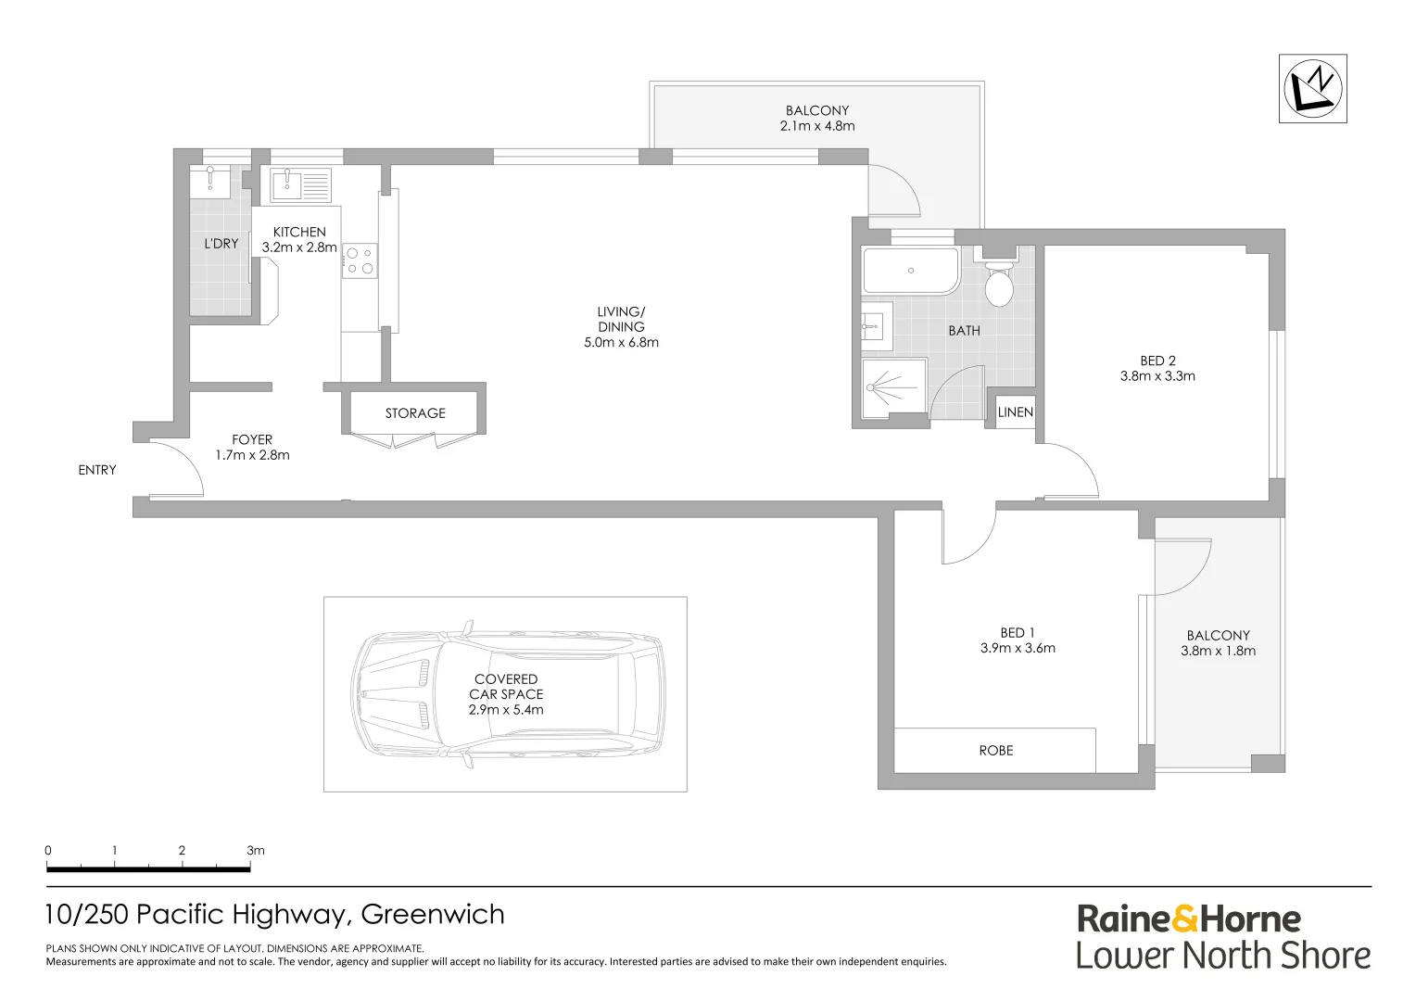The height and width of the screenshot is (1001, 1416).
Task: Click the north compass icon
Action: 1312,88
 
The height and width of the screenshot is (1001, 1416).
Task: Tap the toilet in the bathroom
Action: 998,285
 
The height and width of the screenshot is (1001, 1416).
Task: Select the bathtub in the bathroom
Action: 910,271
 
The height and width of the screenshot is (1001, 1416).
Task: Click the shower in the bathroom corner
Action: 893,388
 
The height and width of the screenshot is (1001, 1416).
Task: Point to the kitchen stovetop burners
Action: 360,260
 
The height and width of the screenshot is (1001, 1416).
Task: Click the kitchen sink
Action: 287,184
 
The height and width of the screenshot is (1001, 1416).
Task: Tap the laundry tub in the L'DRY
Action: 210,181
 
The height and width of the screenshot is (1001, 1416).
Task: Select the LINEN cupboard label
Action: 1015,412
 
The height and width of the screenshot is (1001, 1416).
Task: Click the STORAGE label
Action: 415,413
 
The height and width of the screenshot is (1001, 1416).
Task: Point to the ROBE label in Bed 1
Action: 995,751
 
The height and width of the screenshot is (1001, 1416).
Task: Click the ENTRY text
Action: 97,471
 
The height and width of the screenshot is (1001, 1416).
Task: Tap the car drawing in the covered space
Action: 508,694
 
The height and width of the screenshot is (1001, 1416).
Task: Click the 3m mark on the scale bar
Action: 254,851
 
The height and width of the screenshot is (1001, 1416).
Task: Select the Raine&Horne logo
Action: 1189,919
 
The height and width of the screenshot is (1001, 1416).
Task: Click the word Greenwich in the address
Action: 433,915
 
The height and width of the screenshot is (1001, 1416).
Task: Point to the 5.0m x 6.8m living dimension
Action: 621,342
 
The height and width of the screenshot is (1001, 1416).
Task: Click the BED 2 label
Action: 1157,361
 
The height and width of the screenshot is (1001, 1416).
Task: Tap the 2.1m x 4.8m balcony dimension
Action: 817,126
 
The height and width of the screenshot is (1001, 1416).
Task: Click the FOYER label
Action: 252,440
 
